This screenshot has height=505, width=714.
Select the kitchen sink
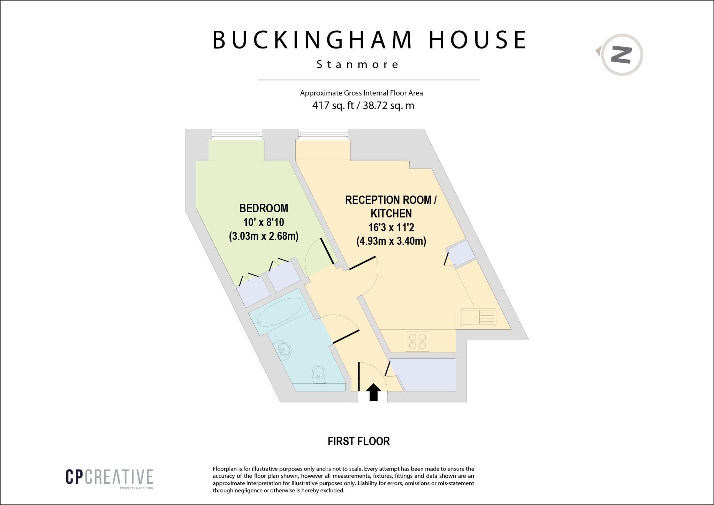click(478, 317)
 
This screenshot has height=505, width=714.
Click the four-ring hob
click(418, 341)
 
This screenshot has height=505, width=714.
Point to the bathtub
click(281, 312)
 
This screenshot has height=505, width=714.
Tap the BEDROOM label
click(264, 208)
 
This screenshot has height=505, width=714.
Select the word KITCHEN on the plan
click(391, 213)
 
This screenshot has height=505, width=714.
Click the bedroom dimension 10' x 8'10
click(264, 222)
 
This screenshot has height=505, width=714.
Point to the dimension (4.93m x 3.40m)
click(391, 241)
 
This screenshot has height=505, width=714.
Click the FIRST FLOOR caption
click(358, 441)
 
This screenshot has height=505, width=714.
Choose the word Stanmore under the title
click(358, 64)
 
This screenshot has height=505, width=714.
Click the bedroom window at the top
click(236, 134)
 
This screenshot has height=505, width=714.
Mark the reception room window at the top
click(323, 134)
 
